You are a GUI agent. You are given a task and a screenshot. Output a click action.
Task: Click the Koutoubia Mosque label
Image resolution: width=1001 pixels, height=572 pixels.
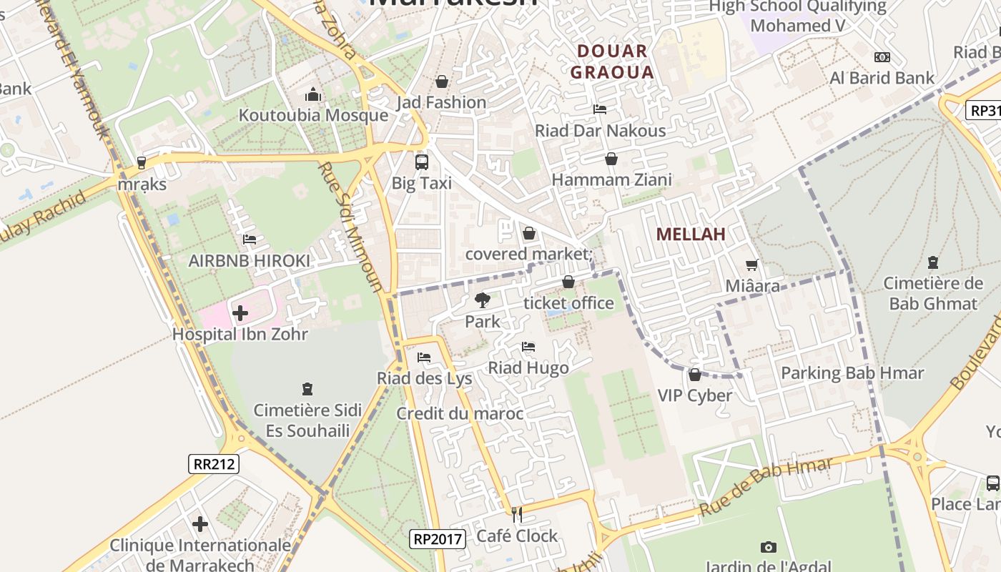point(313,115)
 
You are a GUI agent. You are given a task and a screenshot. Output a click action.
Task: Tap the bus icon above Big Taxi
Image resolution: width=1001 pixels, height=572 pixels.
point(422,162)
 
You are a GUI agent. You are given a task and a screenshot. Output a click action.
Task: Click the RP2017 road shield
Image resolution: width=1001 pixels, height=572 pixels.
point(438,538)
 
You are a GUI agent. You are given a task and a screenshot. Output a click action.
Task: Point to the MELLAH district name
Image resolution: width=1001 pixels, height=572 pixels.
point(691,234)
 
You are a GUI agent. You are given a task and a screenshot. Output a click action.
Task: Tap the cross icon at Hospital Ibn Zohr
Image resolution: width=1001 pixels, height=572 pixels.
point(240,313)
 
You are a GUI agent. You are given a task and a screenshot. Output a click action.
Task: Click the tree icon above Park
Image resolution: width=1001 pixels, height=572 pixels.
point(483,300)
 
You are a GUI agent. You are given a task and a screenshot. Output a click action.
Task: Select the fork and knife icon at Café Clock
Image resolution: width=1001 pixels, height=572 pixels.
point(516,514)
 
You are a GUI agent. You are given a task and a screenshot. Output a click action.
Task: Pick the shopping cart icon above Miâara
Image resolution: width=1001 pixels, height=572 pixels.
point(752,265)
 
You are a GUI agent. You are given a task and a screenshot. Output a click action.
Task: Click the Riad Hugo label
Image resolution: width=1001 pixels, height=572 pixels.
point(528,368)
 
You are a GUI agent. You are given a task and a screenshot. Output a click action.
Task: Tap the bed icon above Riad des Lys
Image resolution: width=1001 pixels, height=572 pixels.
point(424,357)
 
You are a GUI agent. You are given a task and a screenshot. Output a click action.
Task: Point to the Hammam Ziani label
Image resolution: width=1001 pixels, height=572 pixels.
point(611,179)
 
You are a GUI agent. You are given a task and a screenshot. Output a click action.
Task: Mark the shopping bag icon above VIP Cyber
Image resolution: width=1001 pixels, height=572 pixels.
point(694,375)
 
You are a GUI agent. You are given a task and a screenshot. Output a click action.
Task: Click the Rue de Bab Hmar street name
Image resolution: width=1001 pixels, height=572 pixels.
point(766,487)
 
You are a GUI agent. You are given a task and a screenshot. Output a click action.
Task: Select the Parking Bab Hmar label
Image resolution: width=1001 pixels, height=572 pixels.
point(852,373)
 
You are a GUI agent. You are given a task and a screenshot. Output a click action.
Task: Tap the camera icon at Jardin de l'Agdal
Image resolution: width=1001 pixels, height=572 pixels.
point(769,547)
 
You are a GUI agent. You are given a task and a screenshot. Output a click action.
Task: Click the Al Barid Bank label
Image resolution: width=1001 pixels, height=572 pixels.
point(882,78)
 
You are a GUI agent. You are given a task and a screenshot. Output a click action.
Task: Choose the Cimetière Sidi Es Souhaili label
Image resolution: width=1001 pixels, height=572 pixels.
point(307,420)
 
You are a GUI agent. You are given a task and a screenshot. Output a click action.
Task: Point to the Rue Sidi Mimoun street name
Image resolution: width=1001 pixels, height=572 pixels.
point(350,227)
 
